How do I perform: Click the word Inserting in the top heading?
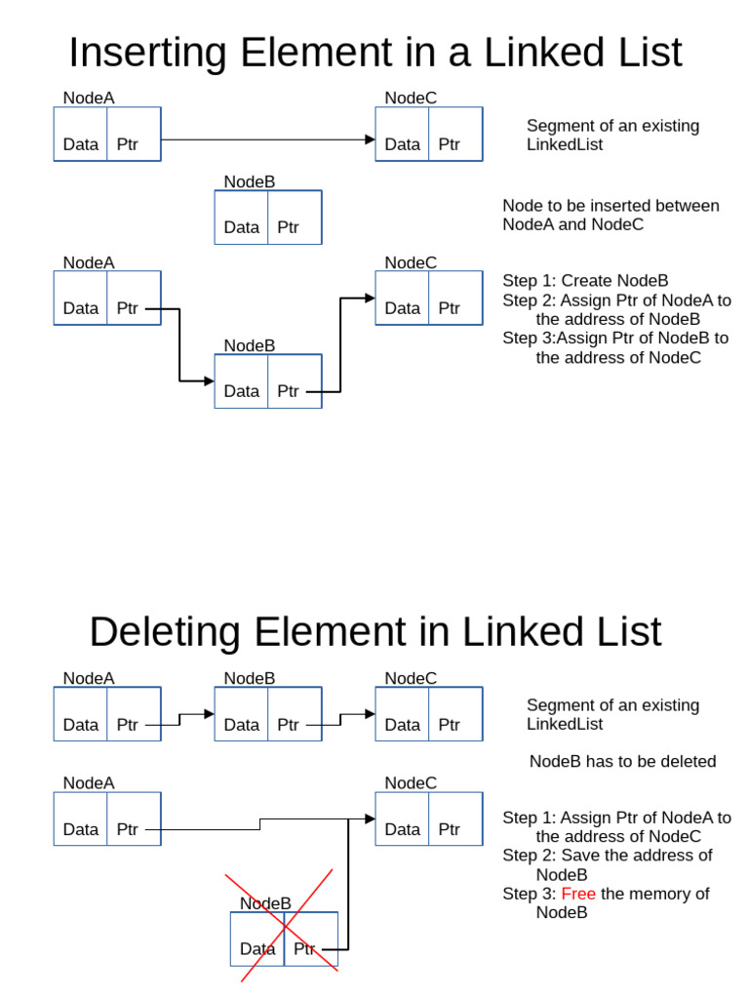tap(147, 53)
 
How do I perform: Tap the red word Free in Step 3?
tap(577, 894)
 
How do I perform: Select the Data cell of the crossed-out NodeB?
tap(257, 948)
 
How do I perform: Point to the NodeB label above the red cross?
tap(265, 903)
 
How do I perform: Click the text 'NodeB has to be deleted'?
tap(622, 761)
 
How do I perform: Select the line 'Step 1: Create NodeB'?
tap(585, 281)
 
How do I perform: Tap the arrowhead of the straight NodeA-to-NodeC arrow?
tap(370, 140)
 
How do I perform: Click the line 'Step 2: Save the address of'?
tap(607, 856)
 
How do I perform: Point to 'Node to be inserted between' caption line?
tap(611, 206)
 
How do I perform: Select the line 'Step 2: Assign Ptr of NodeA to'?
tap(616, 300)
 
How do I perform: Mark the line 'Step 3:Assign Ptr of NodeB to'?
tap(615, 339)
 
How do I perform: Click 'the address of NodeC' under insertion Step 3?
tap(618, 357)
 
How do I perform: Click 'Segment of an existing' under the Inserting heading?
tap(612, 126)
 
